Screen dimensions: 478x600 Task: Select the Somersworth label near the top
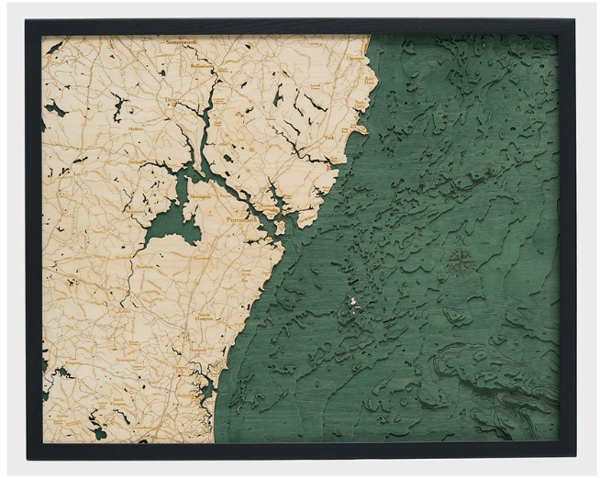(184, 43)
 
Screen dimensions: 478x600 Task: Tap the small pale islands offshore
(353, 302)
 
